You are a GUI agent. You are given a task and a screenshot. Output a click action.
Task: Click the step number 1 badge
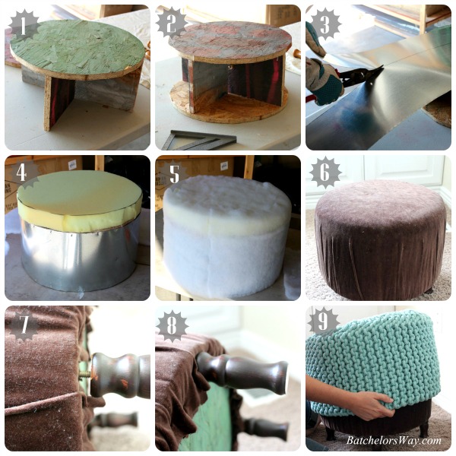click(24, 25)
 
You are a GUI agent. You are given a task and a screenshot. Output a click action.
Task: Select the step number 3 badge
click(325, 24)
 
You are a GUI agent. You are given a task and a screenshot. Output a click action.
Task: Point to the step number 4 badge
click(24, 174)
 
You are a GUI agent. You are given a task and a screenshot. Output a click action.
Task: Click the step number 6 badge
click(325, 174)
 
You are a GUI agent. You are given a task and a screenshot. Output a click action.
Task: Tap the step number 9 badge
click(325, 322)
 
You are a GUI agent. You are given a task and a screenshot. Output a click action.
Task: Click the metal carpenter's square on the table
click(198, 140)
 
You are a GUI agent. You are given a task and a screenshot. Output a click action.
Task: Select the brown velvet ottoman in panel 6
click(378, 239)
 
